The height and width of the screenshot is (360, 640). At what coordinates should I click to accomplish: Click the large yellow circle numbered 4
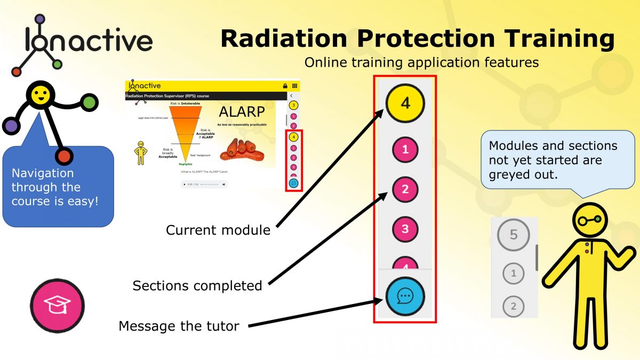(405, 102)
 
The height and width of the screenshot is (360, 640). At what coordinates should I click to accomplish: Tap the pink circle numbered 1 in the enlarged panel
(405, 150)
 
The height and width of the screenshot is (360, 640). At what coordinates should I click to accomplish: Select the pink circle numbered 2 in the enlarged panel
(405, 189)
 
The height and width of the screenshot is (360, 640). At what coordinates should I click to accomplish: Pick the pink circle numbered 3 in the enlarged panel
(405, 229)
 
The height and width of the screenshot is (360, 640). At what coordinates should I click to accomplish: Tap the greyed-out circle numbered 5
(513, 235)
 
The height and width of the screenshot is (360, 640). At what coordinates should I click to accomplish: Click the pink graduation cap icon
(57, 305)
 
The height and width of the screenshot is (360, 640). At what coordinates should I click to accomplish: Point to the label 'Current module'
(218, 230)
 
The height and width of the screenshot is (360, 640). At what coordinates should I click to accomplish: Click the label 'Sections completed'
(197, 286)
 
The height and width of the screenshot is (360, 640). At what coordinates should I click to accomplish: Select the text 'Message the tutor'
(179, 326)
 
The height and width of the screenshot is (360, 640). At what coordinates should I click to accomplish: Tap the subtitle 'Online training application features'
(421, 62)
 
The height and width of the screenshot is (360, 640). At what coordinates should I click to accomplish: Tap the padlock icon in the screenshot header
(285, 86)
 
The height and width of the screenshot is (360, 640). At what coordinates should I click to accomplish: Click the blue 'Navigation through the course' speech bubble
(57, 188)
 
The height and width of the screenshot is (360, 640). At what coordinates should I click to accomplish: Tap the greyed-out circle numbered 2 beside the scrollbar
(513, 307)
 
